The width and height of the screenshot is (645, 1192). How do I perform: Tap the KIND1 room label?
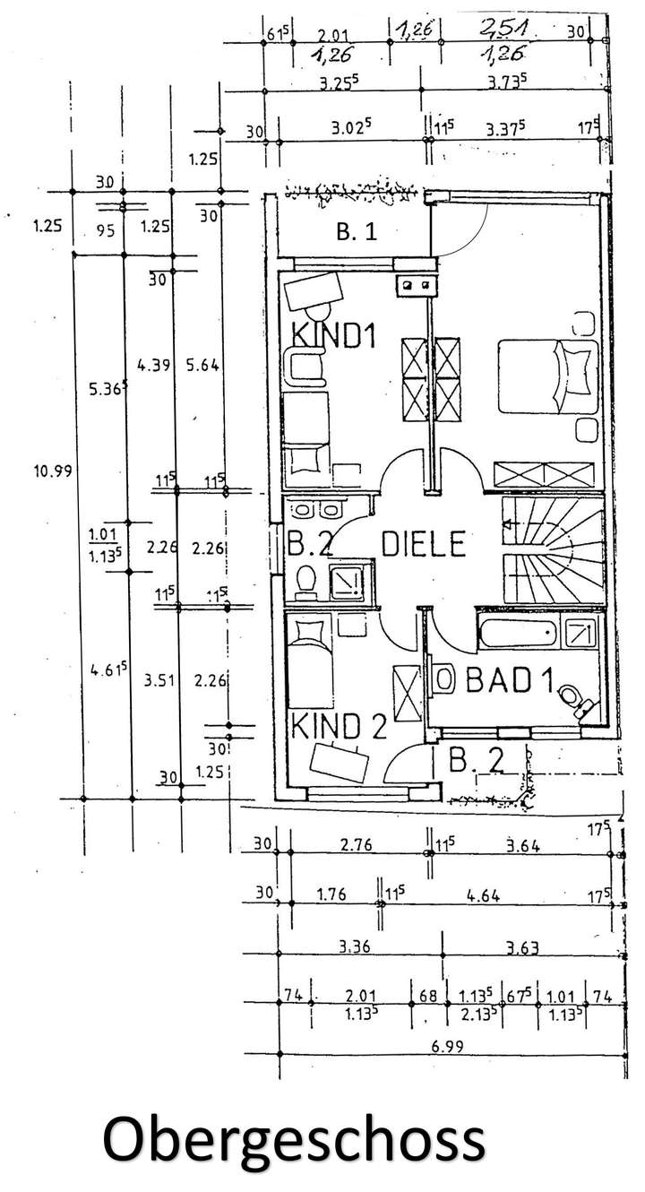pos(332,336)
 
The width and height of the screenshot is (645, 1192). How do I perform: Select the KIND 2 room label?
pos(336,725)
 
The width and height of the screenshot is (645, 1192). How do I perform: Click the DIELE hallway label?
pos(425,543)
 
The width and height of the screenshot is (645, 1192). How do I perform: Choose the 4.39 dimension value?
pos(151,365)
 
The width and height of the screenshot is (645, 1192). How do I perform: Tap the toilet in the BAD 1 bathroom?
pos(570,697)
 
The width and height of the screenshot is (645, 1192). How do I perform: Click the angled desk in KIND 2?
pos(340,762)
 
